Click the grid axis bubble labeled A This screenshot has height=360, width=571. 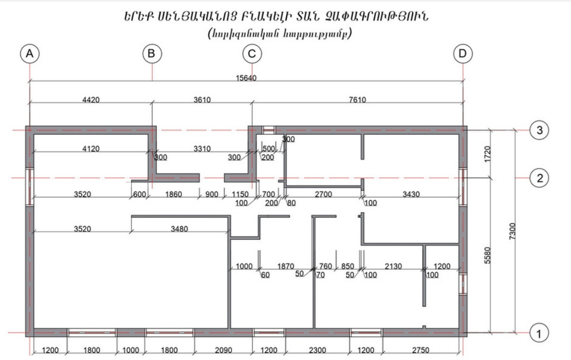(x=30, y=54)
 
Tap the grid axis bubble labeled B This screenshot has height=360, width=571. (x=152, y=54)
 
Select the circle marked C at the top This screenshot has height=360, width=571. (x=252, y=54)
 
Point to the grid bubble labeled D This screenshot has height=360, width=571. (x=463, y=54)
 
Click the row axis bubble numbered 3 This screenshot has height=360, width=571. (x=540, y=130)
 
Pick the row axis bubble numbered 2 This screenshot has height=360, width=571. (x=540, y=178)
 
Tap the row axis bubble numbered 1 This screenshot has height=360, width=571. (x=539, y=333)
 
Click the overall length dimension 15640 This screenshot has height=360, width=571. (x=246, y=78)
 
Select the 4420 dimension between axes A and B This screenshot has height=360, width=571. (x=91, y=100)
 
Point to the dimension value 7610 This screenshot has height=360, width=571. (x=357, y=100)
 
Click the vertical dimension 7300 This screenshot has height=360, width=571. (x=512, y=231)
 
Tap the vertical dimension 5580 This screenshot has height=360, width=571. (x=487, y=255)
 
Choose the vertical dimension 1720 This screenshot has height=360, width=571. (x=487, y=154)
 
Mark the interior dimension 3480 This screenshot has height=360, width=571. (x=179, y=229)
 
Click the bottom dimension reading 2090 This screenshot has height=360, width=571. (x=223, y=350)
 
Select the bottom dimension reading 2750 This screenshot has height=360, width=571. (x=420, y=350)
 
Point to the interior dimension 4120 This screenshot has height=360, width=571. (x=91, y=149)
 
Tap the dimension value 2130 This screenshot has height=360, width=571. (x=393, y=267)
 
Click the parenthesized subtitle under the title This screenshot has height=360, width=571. (x=280, y=34)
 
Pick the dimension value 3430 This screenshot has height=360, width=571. (x=411, y=194)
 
